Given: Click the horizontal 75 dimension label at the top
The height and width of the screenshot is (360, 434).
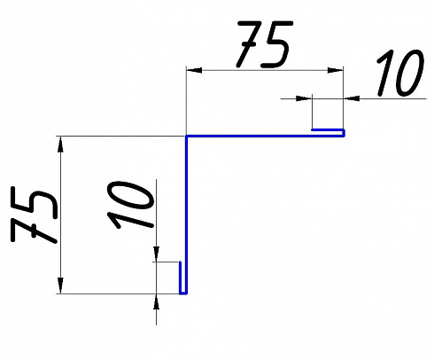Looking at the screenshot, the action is (x=265, y=44).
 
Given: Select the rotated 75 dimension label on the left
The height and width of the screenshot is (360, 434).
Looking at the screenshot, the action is (x=34, y=215).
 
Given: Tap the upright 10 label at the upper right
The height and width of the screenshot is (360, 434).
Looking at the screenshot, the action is (x=400, y=74).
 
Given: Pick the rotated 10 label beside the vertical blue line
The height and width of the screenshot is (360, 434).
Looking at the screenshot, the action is (x=131, y=205).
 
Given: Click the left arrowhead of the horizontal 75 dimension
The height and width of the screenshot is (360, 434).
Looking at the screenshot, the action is (x=194, y=70).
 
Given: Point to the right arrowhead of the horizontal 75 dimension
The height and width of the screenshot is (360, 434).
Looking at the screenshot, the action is (x=335, y=70).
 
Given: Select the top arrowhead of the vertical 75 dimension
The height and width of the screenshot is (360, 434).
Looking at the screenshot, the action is (x=60, y=144).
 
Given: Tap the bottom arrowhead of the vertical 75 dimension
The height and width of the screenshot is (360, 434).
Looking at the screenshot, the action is (x=60, y=286).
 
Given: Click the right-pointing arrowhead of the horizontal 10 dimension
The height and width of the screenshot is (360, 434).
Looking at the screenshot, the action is (x=304, y=98).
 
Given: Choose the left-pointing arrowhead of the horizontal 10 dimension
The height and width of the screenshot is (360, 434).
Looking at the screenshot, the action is (x=352, y=98).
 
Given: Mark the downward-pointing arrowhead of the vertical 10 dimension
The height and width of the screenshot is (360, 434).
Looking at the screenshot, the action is (x=156, y=254).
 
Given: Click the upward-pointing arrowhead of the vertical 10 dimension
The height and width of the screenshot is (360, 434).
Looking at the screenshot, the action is (x=156, y=301).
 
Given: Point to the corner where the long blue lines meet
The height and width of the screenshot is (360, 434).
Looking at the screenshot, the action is (x=186, y=137).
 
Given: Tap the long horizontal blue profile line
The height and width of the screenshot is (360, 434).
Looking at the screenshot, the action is (x=265, y=137).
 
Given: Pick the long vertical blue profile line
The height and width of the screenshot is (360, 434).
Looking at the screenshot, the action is (x=186, y=215).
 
